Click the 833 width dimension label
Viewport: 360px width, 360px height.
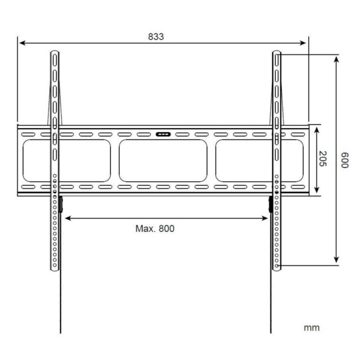(156, 37)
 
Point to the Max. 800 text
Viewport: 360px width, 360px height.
(155, 228)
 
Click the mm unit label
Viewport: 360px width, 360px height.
(312, 327)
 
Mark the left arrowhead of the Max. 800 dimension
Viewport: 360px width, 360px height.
(67, 217)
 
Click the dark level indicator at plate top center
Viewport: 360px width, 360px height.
(163, 134)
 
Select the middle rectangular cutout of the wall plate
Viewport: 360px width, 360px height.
(163, 160)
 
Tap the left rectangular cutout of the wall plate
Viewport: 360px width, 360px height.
(66, 160)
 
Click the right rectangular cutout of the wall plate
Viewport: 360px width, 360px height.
(259, 160)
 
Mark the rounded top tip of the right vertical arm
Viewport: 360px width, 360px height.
(277, 52)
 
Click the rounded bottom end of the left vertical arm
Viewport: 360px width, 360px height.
(55, 269)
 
